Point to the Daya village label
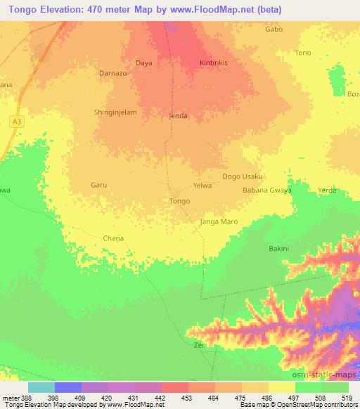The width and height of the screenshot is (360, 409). click(143, 63)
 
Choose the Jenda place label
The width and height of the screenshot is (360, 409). click(179, 116)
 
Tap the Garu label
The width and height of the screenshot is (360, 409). click(98, 186)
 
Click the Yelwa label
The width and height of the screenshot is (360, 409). click(202, 186)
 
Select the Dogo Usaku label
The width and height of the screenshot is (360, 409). click(243, 176)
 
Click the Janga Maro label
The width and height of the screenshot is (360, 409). click(218, 221)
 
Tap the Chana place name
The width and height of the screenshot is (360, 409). click(113, 238)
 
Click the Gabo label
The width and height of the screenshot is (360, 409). click(274, 30)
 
